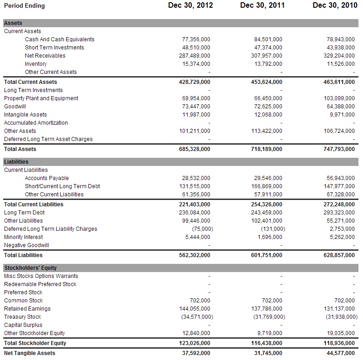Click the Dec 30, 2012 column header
click(x=190, y=5)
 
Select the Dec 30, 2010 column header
click(x=335, y=5)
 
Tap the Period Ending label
click(x=24, y=6)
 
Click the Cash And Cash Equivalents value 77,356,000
click(x=196, y=39)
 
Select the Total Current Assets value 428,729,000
click(x=194, y=82)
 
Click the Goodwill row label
click(x=15, y=107)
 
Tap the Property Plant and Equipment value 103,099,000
click(x=339, y=98)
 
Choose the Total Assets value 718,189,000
click(x=266, y=149)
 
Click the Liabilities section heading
click(x=16, y=162)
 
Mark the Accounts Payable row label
click(x=47, y=178)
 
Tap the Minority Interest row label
click(x=24, y=237)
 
